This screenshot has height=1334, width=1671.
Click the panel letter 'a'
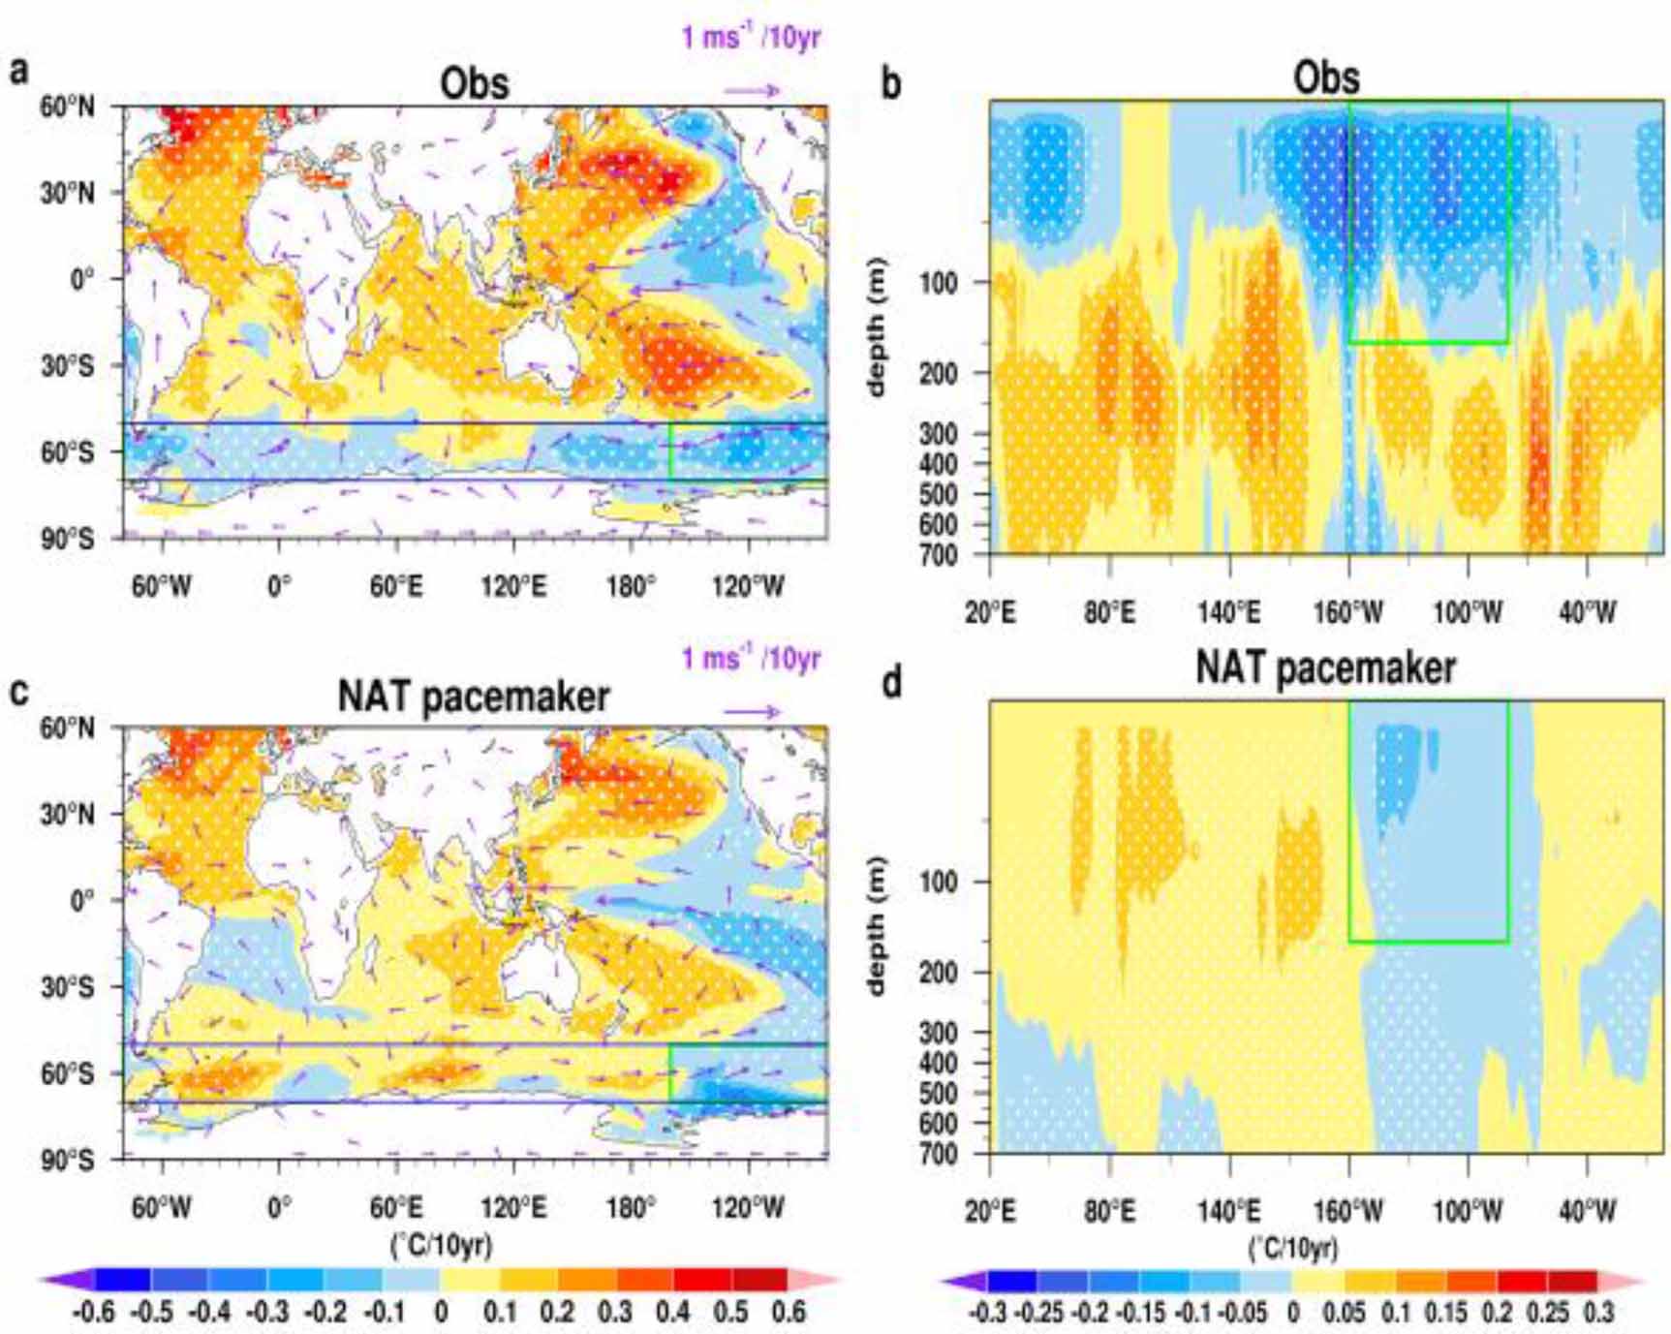17,71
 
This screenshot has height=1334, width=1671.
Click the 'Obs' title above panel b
1325,78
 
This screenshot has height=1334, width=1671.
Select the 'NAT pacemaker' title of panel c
473,697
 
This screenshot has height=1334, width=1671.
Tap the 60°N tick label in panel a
67,107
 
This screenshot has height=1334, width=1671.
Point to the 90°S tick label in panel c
67,1160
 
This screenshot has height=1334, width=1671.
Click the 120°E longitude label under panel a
512,586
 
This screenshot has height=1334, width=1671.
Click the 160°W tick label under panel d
1347,1211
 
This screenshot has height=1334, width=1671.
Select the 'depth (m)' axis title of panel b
877,326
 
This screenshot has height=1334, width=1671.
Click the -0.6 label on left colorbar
93,1312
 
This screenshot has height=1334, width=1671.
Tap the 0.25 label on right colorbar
1546,1313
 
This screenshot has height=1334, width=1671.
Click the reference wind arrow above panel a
752,91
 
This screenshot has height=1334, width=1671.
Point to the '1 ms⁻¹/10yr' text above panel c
751,659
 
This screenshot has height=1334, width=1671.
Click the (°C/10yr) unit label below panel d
1293,1247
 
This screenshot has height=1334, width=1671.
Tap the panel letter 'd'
891,683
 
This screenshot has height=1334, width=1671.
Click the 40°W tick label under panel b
1587,612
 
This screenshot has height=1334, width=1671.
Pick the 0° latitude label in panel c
81,901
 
